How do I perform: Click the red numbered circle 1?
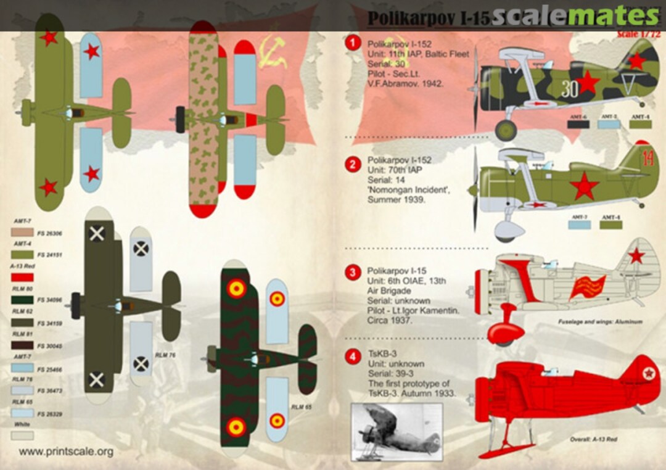[x=353, y=43]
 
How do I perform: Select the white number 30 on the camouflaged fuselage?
[x=570, y=90]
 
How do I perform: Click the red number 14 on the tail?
[x=647, y=158]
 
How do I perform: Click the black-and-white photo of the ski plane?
[x=397, y=432]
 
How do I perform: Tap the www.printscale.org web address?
[x=66, y=451]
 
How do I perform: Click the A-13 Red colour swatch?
[x=23, y=277]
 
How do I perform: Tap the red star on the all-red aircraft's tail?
[x=647, y=374]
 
